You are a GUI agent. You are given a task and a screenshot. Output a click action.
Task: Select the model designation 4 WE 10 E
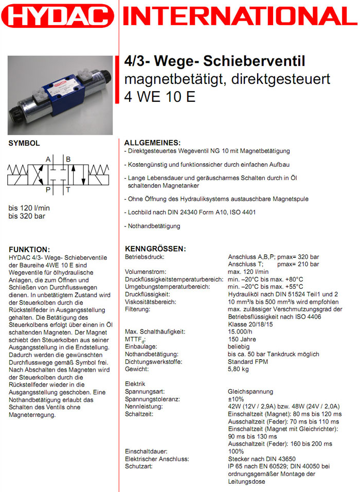click(x=160, y=97)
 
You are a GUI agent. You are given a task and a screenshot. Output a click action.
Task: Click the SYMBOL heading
click(x=24, y=144)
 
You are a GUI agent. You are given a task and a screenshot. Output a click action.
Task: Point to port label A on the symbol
click(x=48, y=159)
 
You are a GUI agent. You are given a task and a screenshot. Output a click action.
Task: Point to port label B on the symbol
click(x=68, y=159)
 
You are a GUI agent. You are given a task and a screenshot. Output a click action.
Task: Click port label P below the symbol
click(x=48, y=190)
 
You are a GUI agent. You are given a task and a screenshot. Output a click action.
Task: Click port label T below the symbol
click(x=68, y=190)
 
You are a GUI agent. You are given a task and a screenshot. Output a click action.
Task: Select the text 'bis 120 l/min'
click(x=29, y=208)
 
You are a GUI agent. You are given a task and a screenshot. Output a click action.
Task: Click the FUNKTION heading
click(x=29, y=249)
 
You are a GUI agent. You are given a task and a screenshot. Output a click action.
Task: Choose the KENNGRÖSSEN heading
click(x=155, y=249)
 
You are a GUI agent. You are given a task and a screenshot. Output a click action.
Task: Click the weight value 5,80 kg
click(x=239, y=370)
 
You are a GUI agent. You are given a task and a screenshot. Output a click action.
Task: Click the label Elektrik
click(x=135, y=384)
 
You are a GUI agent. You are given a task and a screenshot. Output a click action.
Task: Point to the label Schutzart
click(x=139, y=466)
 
